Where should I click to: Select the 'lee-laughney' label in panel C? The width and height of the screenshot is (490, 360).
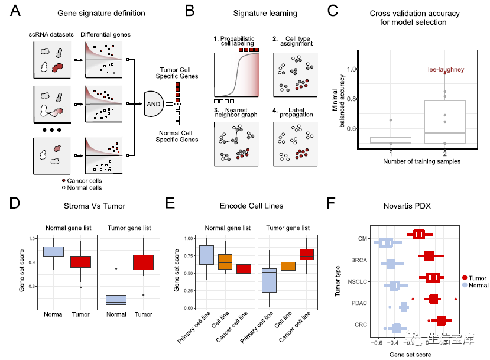point(446,70)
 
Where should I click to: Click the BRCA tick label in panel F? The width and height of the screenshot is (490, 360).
point(356,260)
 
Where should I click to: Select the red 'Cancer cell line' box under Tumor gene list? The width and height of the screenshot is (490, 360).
point(307,254)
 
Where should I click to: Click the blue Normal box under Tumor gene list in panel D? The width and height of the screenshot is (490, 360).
point(116,299)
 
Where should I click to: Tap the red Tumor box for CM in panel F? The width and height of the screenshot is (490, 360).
point(419,234)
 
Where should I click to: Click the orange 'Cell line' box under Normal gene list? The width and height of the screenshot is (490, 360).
point(225,261)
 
